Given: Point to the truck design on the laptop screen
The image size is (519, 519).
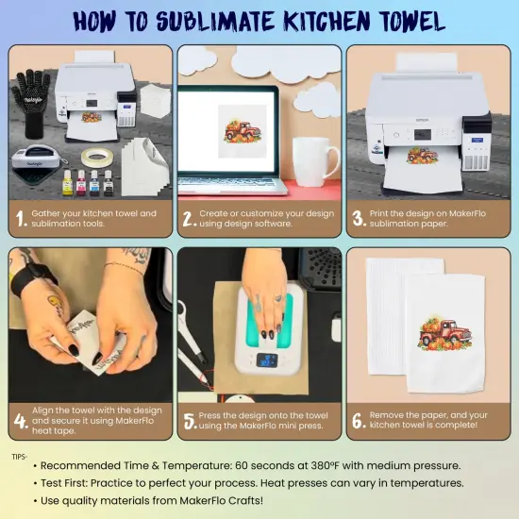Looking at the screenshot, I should click(x=237, y=125).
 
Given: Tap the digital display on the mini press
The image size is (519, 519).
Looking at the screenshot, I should click(x=268, y=360).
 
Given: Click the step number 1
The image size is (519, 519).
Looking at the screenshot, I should click(x=20, y=220).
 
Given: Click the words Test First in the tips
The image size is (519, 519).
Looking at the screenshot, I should click(x=71, y=482).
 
